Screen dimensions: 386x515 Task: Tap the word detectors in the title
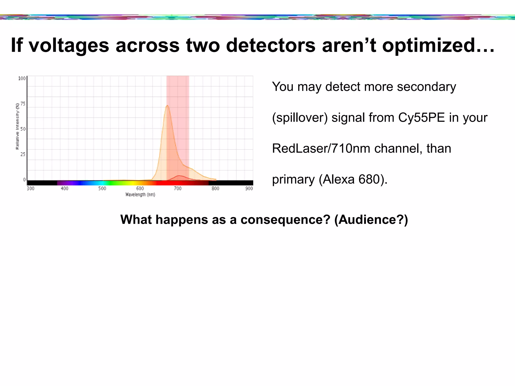point(271,46)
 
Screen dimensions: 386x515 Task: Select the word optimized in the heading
point(427,46)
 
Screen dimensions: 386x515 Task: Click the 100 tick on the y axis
point(22,78)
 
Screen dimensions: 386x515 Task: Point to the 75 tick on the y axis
point(23,104)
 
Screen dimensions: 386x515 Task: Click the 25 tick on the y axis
point(23,154)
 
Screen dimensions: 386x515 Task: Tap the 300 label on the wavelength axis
point(30,188)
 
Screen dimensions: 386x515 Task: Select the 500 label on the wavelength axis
point(102,188)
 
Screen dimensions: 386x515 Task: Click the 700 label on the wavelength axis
point(178,188)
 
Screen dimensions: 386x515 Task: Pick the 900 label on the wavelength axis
point(249,188)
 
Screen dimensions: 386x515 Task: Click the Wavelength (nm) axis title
point(140,195)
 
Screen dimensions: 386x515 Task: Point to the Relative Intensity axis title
point(17,126)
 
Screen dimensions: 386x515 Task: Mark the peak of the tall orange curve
point(167,106)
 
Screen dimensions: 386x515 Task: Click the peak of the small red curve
point(179,176)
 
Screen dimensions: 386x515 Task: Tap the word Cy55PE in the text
point(421,118)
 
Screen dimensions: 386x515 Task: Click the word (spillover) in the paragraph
point(300,118)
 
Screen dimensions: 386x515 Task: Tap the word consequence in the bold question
point(285,219)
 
